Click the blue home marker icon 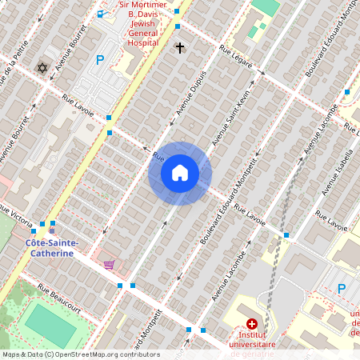(x=180, y=173)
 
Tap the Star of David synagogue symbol (x=42, y=68)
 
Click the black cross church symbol (x=180, y=49)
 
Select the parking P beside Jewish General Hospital (x=100, y=59)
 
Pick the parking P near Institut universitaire (x=342, y=289)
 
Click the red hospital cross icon (x=252, y=323)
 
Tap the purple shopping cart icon (x=109, y=265)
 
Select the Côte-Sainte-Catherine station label (x=50, y=247)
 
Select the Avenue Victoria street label (x=16, y=215)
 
